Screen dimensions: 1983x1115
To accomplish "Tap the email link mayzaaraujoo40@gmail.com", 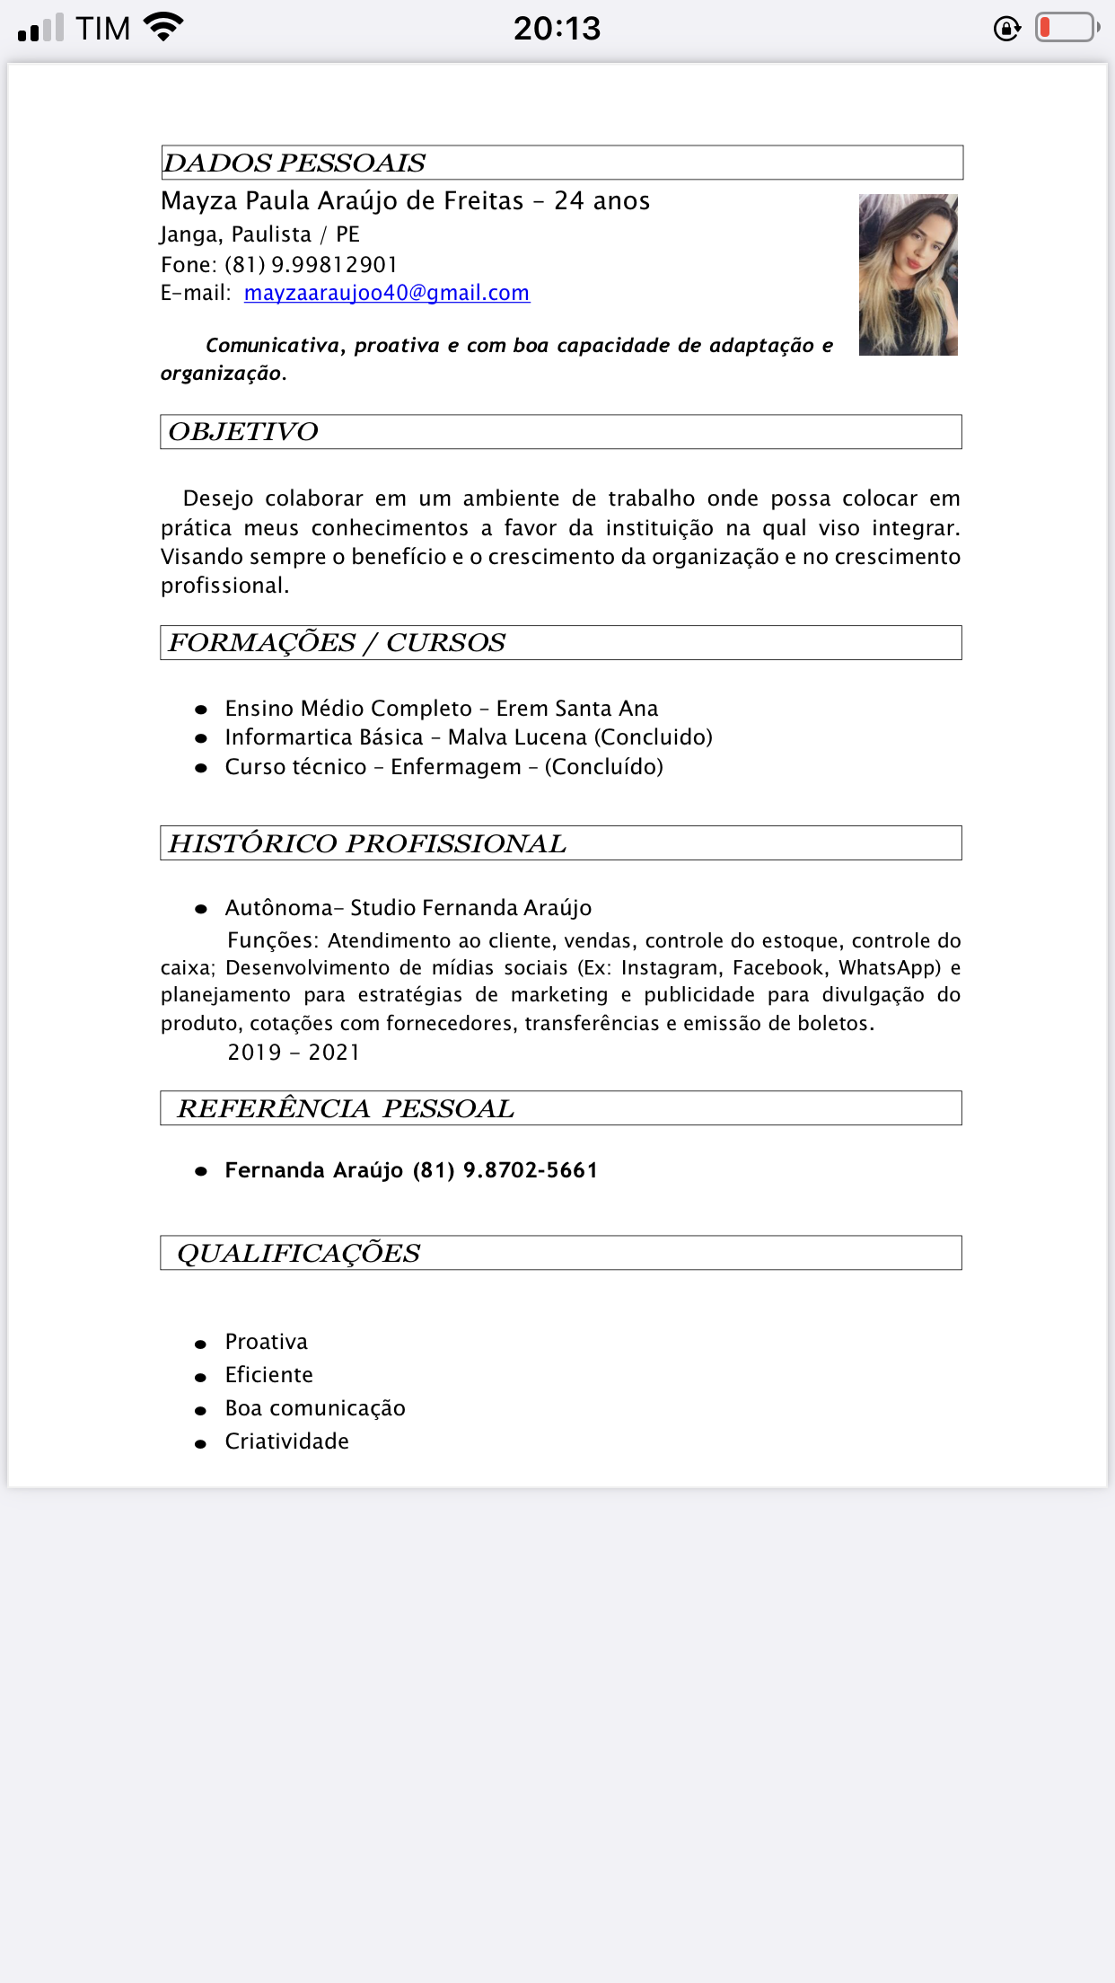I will click(x=386, y=294).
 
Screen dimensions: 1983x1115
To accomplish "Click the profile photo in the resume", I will click(x=908, y=275).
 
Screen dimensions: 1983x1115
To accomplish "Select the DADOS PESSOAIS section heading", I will click(x=294, y=163).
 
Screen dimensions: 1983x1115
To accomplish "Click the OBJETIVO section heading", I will click(x=243, y=432).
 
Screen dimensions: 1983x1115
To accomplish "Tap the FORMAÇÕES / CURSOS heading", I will click(x=337, y=643).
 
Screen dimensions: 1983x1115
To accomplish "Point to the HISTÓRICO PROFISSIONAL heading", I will click(x=367, y=843).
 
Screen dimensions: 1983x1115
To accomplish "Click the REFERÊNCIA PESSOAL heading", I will click(x=346, y=1108).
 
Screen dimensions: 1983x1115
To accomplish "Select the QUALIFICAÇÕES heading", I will click(x=299, y=1253).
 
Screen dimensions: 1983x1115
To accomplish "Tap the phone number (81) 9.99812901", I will click(x=311, y=265).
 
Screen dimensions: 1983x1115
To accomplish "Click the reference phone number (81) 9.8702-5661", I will click(x=505, y=1170).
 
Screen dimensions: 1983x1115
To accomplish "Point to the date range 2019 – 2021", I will click(x=294, y=1053).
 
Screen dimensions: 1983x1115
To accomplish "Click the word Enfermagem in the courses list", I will click(x=456, y=767).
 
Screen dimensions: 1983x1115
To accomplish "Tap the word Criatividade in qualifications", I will click(x=286, y=1441).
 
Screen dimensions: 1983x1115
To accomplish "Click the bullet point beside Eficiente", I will click(x=201, y=1377).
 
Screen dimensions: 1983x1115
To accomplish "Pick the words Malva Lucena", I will click(x=517, y=737).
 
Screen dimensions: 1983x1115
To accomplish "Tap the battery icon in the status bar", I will click(x=1067, y=28).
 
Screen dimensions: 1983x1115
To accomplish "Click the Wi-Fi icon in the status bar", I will click(x=163, y=27).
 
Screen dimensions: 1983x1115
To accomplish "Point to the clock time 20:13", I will click(x=557, y=29).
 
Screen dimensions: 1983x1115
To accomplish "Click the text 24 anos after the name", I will click(x=601, y=201).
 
